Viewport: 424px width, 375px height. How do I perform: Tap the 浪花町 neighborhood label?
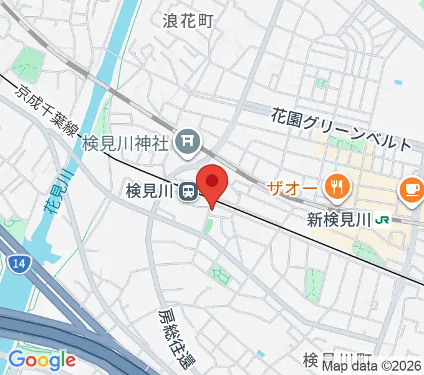click(x=188, y=21)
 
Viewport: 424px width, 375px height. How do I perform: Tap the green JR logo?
click(x=382, y=219)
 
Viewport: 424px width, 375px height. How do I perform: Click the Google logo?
click(x=41, y=359)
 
